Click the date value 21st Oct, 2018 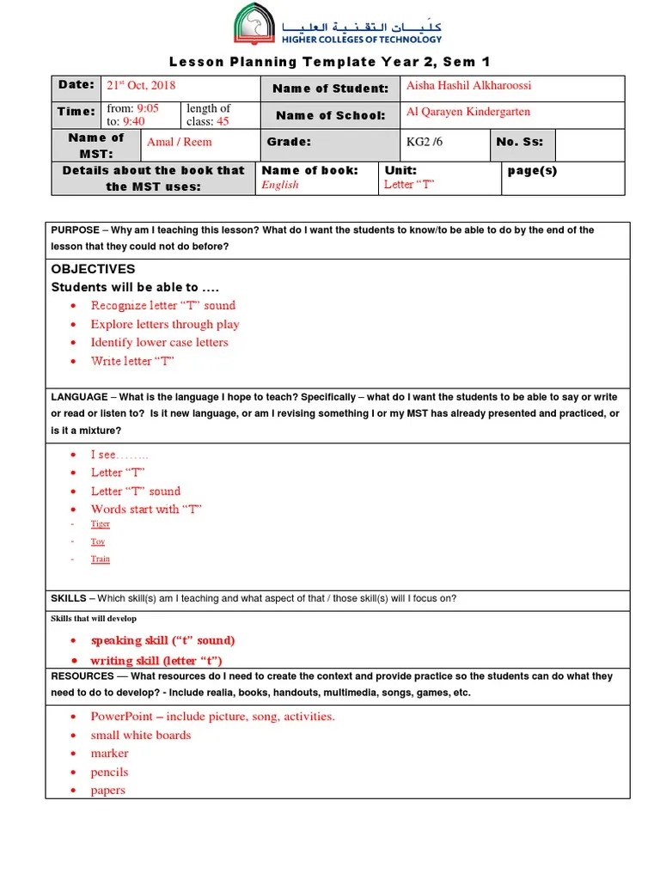coord(140,86)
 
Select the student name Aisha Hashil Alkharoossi coord(468,86)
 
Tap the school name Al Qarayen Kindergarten coord(467,112)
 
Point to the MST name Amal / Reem coord(179,142)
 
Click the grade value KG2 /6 coord(425,142)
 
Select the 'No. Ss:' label coord(520,142)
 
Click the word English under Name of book coord(280,185)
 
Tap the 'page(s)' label coord(532,170)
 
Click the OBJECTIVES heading coord(94,269)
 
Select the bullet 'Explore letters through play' coord(165,324)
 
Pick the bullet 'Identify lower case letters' coord(159,342)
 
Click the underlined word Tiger coord(101,523)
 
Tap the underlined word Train coord(101,559)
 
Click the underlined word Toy coord(98,541)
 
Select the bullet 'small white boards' coord(141,735)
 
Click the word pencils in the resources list coord(109,772)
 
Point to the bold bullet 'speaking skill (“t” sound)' coord(162,640)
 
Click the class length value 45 coord(223,121)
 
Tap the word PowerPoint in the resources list coord(122,716)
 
